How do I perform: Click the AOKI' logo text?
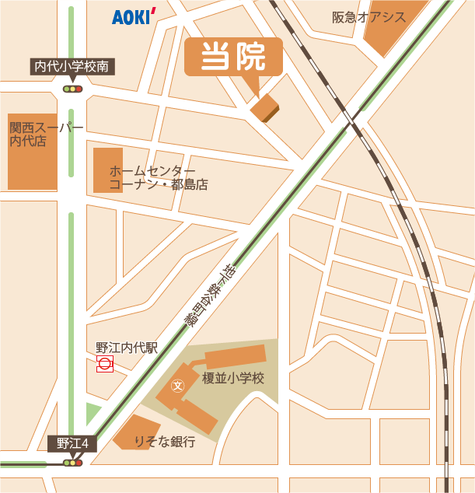point(134,16)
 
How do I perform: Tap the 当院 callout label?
point(233,56)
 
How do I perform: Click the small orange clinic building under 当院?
point(264,109)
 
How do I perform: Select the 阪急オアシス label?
point(368,17)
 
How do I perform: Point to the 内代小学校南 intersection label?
point(73,67)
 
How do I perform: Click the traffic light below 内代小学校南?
point(73,89)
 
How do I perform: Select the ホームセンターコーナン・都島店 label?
point(159,178)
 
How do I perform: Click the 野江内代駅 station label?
point(127,348)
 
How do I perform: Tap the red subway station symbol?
point(104,364)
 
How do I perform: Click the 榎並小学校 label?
point(233,379)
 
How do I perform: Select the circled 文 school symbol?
point(176,385)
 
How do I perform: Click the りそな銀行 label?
point(165,442)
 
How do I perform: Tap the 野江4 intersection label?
point(73,444)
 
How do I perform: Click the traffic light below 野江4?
point(73,463)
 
